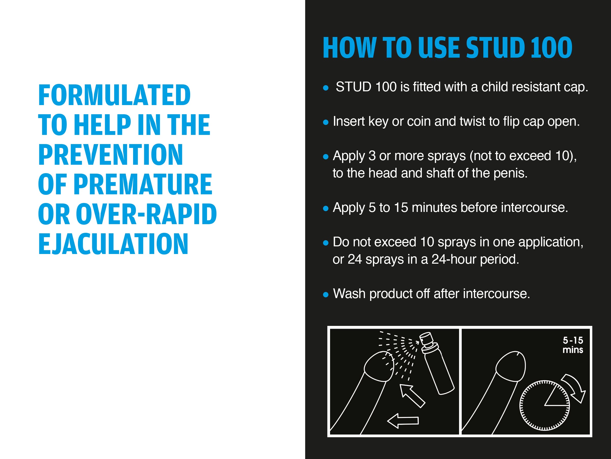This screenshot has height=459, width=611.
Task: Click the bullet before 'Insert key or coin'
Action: tap(326, 122)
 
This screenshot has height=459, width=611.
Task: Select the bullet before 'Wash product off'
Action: tap(326, 295)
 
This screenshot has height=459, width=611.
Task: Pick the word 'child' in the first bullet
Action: tap(495, 87)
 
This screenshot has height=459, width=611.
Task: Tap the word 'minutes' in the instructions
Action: tap(434, 208)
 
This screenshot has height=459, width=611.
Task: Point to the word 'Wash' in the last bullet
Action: tap(349, 294)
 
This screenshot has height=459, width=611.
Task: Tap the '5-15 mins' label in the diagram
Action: tap(573, 345)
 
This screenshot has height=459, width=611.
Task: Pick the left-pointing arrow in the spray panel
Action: tap(403, 421)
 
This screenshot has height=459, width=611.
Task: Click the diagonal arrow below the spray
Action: tap(412, 396)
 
